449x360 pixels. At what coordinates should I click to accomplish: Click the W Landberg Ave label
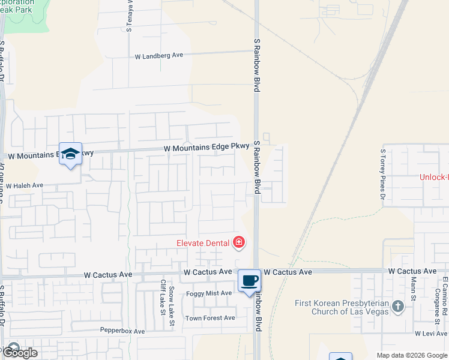(x=158, y=55)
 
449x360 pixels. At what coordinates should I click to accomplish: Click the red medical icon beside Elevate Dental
(x=239, y=242)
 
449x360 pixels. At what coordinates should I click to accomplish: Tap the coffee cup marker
(x=249, y=280)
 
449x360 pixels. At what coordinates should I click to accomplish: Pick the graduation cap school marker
(x=70, y=154)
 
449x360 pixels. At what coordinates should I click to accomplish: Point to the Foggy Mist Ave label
(x=209, y=293)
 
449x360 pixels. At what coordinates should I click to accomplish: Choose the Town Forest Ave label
(x=210, y=318)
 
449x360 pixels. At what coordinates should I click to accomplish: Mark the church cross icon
(x=397, y=307)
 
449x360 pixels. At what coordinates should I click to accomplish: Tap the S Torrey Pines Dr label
(x=382, y=174)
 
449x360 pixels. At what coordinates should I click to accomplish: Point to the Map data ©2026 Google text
(x=412, y=355)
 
